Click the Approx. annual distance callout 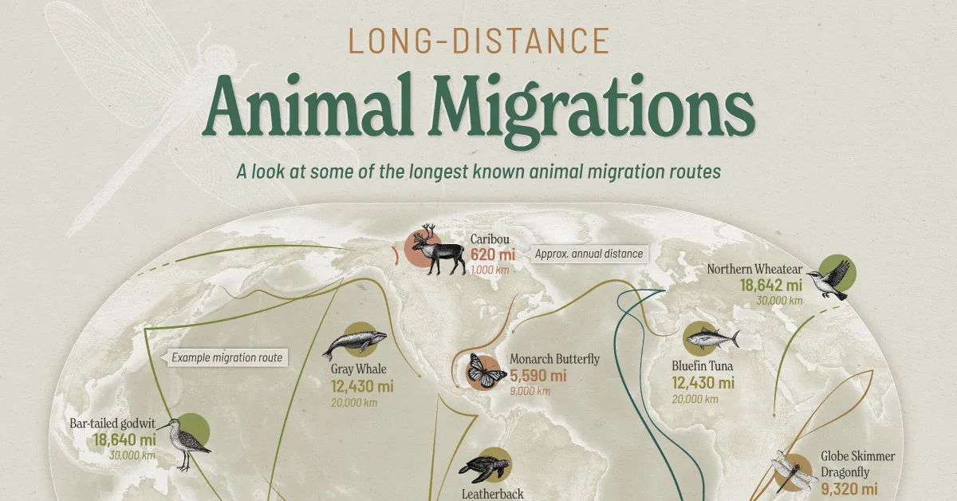589,254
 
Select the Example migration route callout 226,357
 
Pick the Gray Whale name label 359,369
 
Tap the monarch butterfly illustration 486,370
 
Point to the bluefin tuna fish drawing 711,339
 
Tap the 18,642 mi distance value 771,285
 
